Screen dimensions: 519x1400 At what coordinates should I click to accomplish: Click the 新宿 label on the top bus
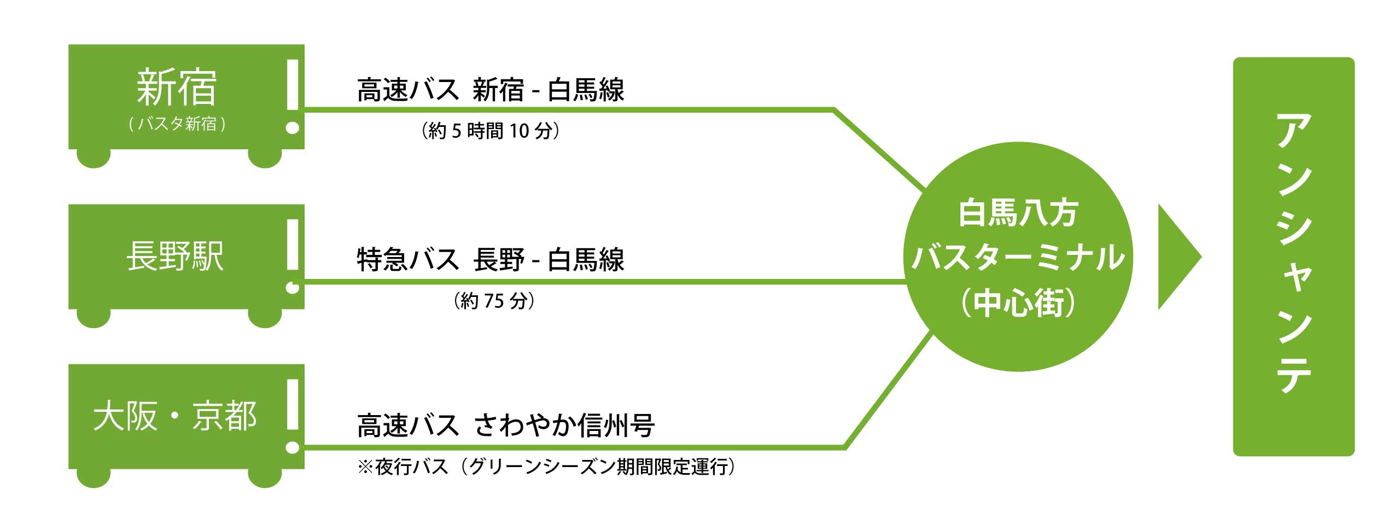click(x=176, y=88)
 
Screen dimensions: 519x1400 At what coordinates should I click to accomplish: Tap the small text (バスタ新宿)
click(x=177, y=124)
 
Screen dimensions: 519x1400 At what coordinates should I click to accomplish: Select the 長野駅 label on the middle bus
click(x=175, y=256)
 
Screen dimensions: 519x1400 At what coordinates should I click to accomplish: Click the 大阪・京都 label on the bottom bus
click(x=175, y=416)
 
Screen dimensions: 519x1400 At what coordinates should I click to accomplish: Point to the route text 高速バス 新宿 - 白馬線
click(x=490, y=90)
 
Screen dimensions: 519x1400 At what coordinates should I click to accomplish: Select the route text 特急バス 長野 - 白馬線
click(x=490, y=260)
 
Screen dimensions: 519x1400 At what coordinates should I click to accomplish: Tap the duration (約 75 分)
click(x=494, y=301)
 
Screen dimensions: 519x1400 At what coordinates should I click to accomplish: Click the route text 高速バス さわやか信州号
click(x=505, y=425)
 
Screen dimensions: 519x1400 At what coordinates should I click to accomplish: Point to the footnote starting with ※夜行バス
click(x=546, y=467)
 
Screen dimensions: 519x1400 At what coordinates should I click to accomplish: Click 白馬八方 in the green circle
click(x=1018, y=213)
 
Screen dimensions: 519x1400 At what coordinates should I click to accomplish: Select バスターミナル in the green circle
click(x=1018, y=258)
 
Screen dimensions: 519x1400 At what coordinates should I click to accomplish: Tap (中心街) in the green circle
click(x=1018, y=302)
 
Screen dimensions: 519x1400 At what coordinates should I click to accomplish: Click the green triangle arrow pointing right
click(x=1176, y=257)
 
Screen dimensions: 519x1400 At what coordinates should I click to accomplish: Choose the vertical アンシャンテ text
click(x=1293, y=254)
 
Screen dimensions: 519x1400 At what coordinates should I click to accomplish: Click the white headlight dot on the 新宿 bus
click(x=293, y=128)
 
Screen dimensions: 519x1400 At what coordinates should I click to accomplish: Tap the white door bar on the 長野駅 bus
click(x=293, y=244)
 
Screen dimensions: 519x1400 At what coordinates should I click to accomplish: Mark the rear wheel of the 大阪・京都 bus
click(x=94, y=477)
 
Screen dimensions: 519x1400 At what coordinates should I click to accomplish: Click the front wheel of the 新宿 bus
click(x=265, y=158)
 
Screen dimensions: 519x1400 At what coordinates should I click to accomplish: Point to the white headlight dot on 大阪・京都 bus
click(x=293, y=448)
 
